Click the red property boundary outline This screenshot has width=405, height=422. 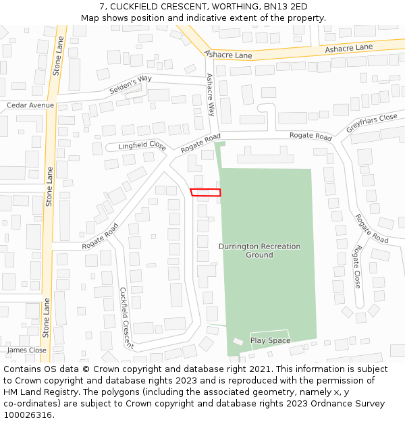click(205, 192)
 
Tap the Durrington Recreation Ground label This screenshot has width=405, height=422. click(259, 250)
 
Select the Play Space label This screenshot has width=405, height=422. click(270, 340)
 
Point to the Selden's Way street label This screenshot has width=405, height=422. click(130, 84)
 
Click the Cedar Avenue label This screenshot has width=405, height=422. click(30, 105)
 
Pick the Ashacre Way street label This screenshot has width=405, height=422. click(211, 95)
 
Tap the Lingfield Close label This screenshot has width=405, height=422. click(142, 145)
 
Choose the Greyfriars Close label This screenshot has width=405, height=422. click(371, 123)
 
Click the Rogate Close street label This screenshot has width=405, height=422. click(356, 267)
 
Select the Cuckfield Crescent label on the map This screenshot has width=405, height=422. click(126, 318)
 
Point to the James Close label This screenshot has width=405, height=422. click(27, 350)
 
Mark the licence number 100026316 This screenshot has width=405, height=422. click(28, 415)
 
